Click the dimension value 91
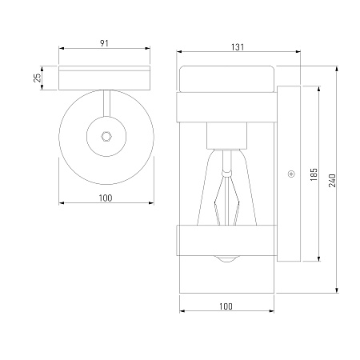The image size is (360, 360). coord(104,43)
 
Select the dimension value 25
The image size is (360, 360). coord(38,78)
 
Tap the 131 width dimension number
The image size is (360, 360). coord(238,47)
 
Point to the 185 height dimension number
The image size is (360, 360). coord(314,174)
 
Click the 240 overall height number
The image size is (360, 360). coord(332,181)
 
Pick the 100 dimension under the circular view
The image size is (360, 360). coord(106,198)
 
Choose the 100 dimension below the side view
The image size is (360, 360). coord(226,306)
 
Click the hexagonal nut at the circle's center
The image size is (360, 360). coord(106,136)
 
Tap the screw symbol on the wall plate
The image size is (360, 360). coord(291,174)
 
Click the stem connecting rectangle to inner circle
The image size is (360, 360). coord(106,103)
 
